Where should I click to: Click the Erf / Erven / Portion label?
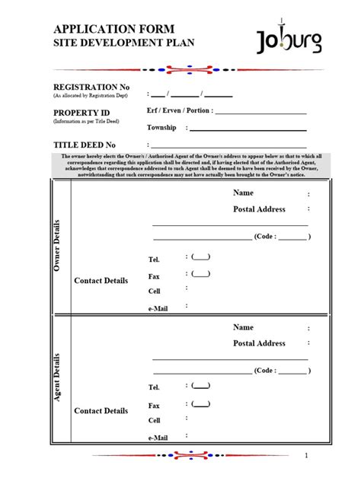pos(178,110)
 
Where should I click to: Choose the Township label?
pos(161,128)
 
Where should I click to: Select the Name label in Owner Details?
pos(243,193)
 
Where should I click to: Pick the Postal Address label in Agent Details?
pos(259,343)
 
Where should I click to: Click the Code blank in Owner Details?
pos(292,237)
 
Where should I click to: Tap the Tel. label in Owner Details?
pos(154,260)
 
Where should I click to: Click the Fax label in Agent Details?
pos(154,406)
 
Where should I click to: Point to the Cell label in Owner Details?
pos(155,291)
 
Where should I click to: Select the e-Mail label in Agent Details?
pos(158,438)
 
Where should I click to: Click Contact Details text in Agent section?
pos(101,411)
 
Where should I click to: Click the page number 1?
pos(305,456)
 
